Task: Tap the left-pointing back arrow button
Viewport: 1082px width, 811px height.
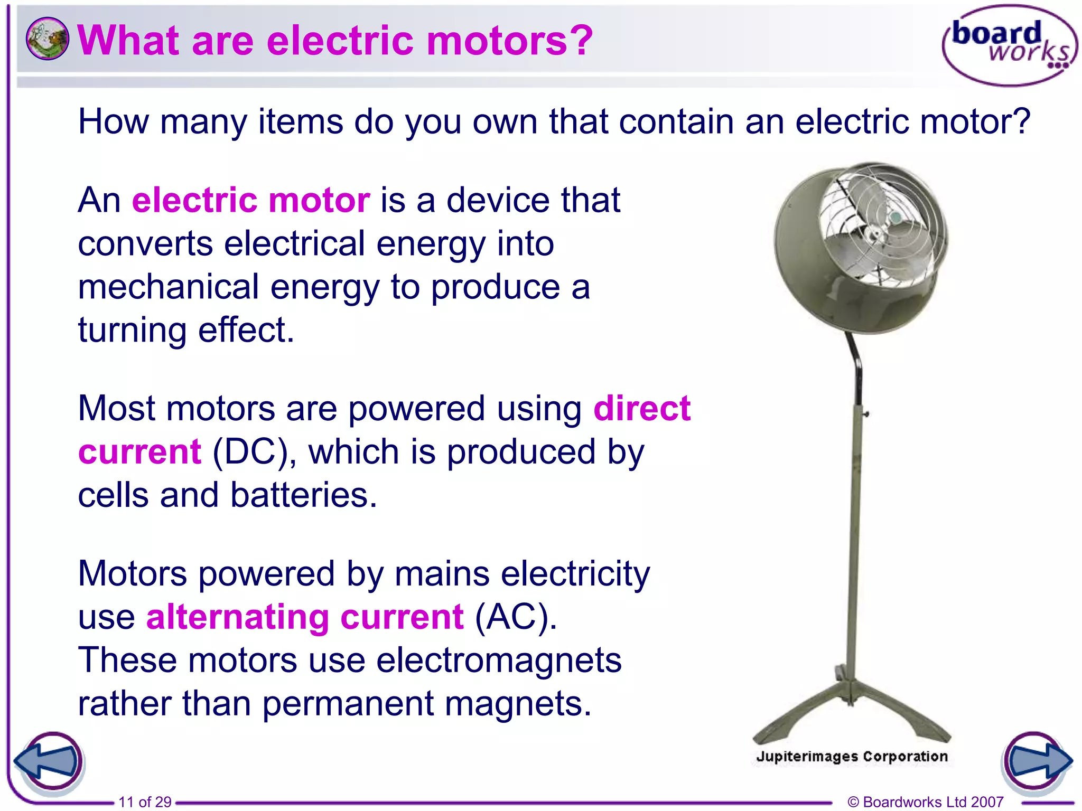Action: [48, 761]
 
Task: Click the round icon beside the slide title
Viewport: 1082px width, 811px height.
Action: [47, 39]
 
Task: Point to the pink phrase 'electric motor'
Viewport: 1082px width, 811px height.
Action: [251, 201]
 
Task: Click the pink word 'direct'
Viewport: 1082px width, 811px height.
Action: [642, 409]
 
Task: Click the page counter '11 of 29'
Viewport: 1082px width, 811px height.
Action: [145, 801]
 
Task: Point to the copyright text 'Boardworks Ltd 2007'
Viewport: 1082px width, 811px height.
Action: [932, 801]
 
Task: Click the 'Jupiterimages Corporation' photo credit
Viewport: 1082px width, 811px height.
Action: [852, 756]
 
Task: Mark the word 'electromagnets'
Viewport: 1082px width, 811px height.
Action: [499, 661]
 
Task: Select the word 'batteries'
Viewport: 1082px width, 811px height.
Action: [303, 496]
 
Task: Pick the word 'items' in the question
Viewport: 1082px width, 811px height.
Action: [300, 122]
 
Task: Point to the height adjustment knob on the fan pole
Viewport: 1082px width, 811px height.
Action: [865, 414]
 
